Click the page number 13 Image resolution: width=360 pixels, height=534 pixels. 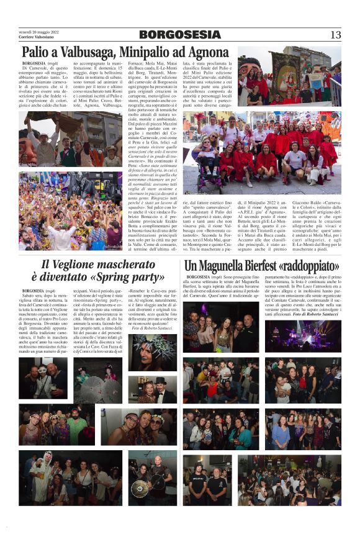coord(336,35)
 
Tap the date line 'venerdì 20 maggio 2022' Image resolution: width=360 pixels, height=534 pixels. coord(38,31)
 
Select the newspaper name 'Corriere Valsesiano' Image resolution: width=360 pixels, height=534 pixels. coord(35,38)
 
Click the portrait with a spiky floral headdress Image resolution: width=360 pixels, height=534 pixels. coord(153,352)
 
